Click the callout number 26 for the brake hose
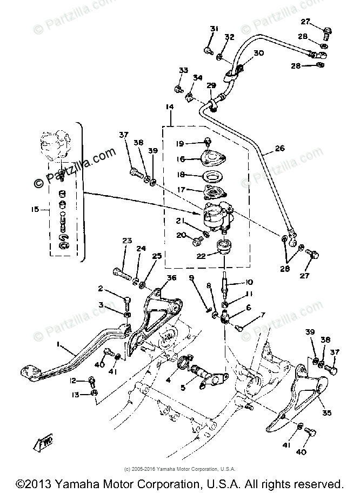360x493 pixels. coord(279,148)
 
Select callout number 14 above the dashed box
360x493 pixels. coord(170,108)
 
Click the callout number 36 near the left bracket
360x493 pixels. coord(171,278)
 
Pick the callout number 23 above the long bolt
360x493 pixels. coord(127,241)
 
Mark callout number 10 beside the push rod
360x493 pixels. coord(249,282)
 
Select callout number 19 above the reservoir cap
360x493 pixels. coord(180,143)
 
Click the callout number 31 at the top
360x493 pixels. coord(214,28)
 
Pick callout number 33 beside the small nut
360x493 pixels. coord(184,70)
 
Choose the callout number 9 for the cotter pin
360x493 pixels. coord(191,278)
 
